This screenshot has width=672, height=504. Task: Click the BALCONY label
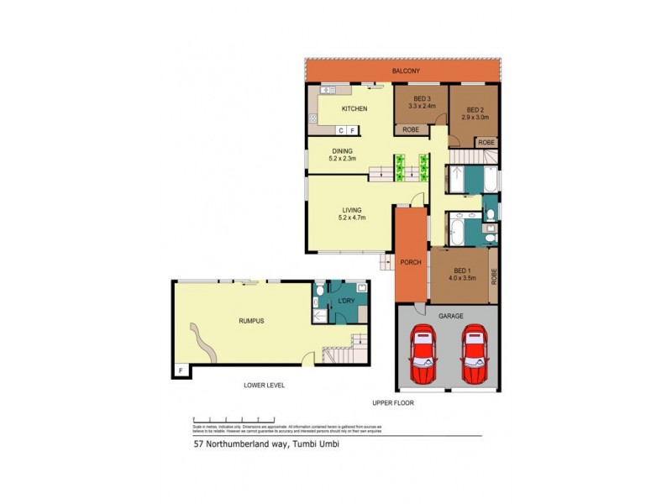(x=405, y=71)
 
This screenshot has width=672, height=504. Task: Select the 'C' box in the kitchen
(x=341, y=130)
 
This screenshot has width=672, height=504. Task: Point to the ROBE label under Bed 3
(x=411, y=129)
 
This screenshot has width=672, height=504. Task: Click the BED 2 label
(x=475, y=109)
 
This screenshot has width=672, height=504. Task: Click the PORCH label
(x=412, y=260)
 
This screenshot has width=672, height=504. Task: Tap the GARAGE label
(x=450, y=316)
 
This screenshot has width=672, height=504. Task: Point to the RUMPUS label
(x=251, y=320)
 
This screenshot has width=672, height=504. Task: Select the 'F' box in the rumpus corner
(x=180, y=370)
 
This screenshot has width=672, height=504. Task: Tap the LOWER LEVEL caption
(x=264, y=386)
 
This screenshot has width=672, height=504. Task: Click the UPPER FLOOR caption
(x=394, y=402)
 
